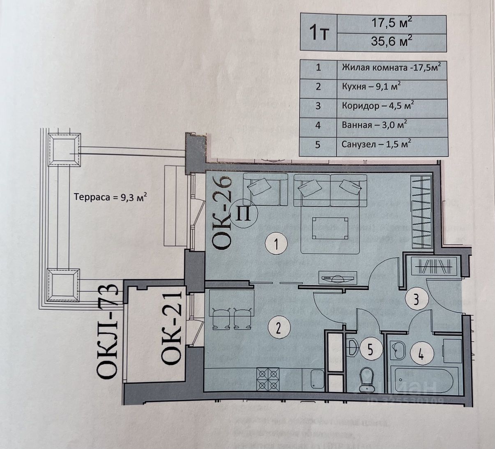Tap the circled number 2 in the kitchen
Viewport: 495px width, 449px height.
(x=279, y=327)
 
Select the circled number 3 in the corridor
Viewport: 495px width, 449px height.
(x=416, y=300)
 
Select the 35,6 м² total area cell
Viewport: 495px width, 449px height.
(x=391, y=41)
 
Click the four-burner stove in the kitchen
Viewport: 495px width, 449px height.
(x=268, y=379)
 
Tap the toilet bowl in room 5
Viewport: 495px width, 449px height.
(x=366, y=379)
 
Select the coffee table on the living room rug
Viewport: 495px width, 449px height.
(x=330, y=228)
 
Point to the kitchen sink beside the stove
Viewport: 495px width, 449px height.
(x=316, y=379)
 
